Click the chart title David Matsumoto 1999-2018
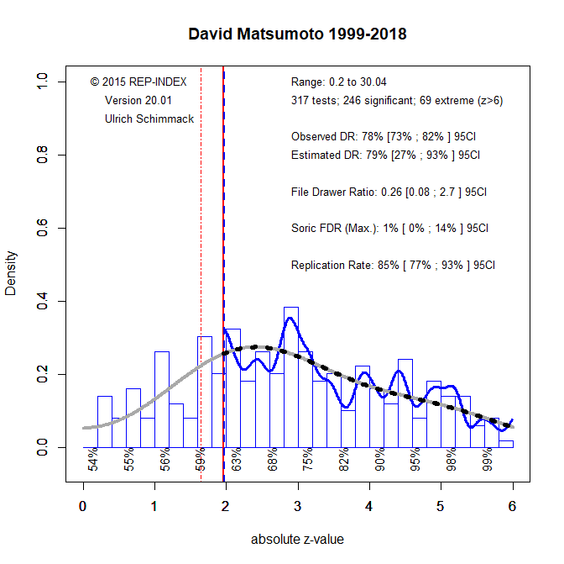click(x=298, y=34)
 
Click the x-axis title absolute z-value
click(x=297, y=539)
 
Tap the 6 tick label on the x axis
click(x=512, y=506)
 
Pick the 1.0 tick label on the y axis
click(x=44, y=82)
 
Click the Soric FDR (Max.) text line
click(x=390, y=228)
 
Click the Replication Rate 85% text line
click(x=393, y=265)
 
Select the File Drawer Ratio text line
click(x=389, y=192)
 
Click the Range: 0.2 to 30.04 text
click(x=338, y=82)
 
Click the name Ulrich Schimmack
click(x=149, y=119)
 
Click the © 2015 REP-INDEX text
click(x=138, y=82)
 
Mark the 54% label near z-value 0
click(x=93, y=461)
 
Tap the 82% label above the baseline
click(x=344, y=461)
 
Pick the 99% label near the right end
click(x=488, y=461)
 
